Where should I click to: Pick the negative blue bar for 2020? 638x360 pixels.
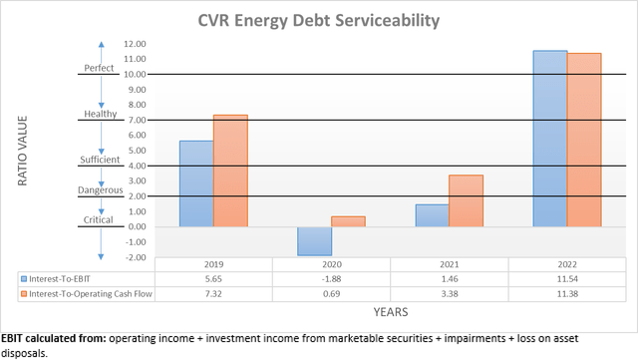[x=314, y=240]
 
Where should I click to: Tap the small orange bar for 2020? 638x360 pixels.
[x=348, y=221]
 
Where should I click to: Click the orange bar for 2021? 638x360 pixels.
[x=466, y=200]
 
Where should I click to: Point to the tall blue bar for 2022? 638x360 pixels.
[x=549, y=139]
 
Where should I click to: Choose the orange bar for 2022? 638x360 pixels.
[x=583, y=140]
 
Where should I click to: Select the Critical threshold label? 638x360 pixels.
[x=100, y=220]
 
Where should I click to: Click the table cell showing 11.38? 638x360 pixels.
[x=566, y=295]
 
